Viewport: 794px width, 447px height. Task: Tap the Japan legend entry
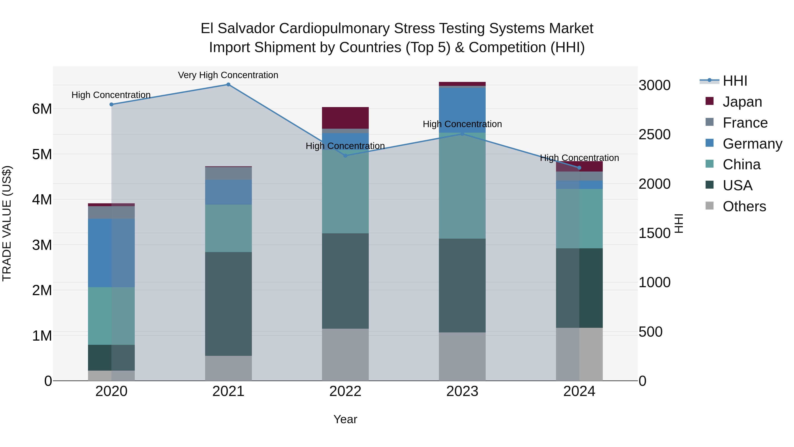click(x=742, y=102)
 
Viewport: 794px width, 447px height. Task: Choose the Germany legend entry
click(x=752, y=144)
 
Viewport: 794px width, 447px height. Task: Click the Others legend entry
click(x=744, y=206)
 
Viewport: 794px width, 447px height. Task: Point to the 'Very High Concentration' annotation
click(x=228, y=75)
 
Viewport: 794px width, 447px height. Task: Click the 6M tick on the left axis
click(x=42, y=109)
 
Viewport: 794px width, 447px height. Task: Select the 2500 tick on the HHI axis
click(x=654, y=134)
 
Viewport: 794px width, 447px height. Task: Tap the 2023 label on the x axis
click(x=462, y=391)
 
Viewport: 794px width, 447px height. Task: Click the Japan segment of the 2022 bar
click(x=345, y=118)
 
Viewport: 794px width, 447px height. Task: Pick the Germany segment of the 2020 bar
click(x=111, y=253)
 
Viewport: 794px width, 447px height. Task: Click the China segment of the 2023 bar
click(x=462, y=185)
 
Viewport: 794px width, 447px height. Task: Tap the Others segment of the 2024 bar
click(x=579, y=354)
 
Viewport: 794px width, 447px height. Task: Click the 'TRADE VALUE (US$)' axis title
click(x=7, y=223)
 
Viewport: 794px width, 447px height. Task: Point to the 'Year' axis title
click(x=345, y=419)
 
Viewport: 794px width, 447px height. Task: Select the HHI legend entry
click(x=735, y=81)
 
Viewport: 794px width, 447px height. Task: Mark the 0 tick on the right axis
click(x=643, y=381)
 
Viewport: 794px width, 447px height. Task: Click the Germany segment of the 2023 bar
click(x=462, y=110)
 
